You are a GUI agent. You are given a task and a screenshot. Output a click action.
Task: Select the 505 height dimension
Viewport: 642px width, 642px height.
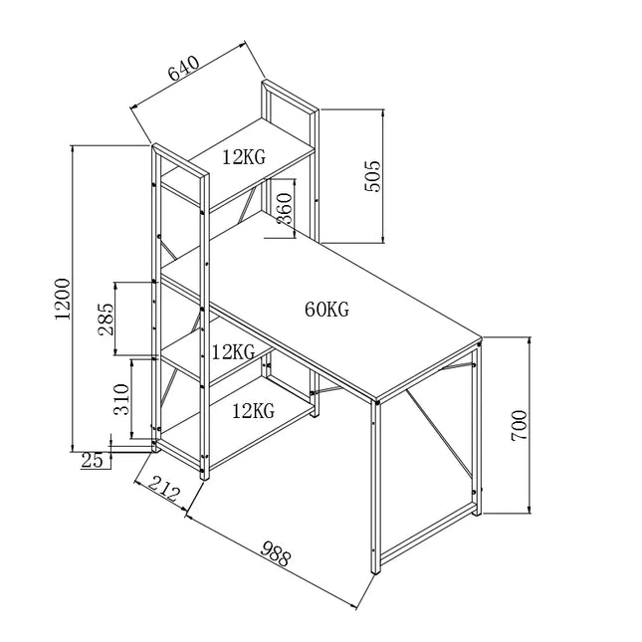point(373,176)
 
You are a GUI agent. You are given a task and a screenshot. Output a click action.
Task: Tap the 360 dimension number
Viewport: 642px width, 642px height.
point(284,209)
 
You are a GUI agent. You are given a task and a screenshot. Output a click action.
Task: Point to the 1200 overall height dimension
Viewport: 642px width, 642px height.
point(62,297)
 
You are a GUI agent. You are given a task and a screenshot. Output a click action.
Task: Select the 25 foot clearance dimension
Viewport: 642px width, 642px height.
point(93,460)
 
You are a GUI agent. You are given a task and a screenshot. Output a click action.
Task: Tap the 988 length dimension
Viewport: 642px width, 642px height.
point(276,553)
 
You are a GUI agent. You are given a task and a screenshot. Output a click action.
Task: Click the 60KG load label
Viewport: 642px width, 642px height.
point(326,310)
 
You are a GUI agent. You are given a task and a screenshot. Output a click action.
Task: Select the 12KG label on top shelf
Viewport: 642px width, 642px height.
point(244,156)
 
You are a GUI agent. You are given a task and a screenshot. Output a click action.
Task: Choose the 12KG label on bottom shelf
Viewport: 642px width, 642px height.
point(253,409)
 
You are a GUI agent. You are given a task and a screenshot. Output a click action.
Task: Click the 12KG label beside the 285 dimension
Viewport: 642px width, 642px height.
point(233,351)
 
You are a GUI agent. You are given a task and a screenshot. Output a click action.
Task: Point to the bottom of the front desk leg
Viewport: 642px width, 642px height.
point(376,572)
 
